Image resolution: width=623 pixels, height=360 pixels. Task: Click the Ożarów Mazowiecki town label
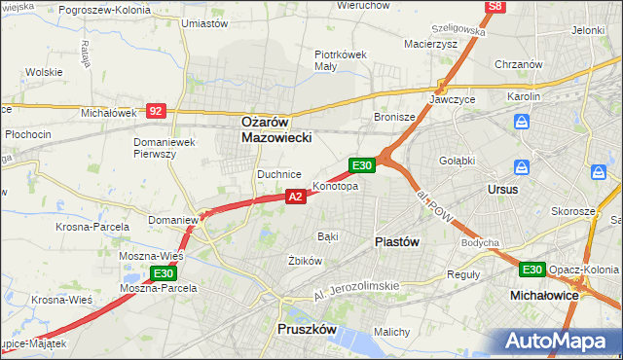[x=276, y=130]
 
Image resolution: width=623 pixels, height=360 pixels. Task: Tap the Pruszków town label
[x=307, y=330]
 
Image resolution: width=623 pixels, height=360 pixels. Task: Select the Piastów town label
[x=398, y=241]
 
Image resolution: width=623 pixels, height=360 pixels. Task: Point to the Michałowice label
[x=545, y=293]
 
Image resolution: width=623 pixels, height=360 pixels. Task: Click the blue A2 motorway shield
[x=297, y=197]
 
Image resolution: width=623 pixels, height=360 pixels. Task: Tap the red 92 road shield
[x=156, y=112]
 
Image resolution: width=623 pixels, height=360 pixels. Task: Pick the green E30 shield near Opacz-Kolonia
[x=531, y=270]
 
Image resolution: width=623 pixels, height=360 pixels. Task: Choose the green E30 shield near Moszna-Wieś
[x=163, y=274]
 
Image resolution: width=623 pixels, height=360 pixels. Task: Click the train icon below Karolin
[x=523, y=122]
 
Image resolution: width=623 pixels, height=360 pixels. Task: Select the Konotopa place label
[x=335, y=186]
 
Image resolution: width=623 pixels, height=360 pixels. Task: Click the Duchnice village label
[x=278, y=174]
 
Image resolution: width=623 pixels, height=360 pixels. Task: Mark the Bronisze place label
[x=395, y=117]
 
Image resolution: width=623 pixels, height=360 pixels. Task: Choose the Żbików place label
[x=305, y=261]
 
